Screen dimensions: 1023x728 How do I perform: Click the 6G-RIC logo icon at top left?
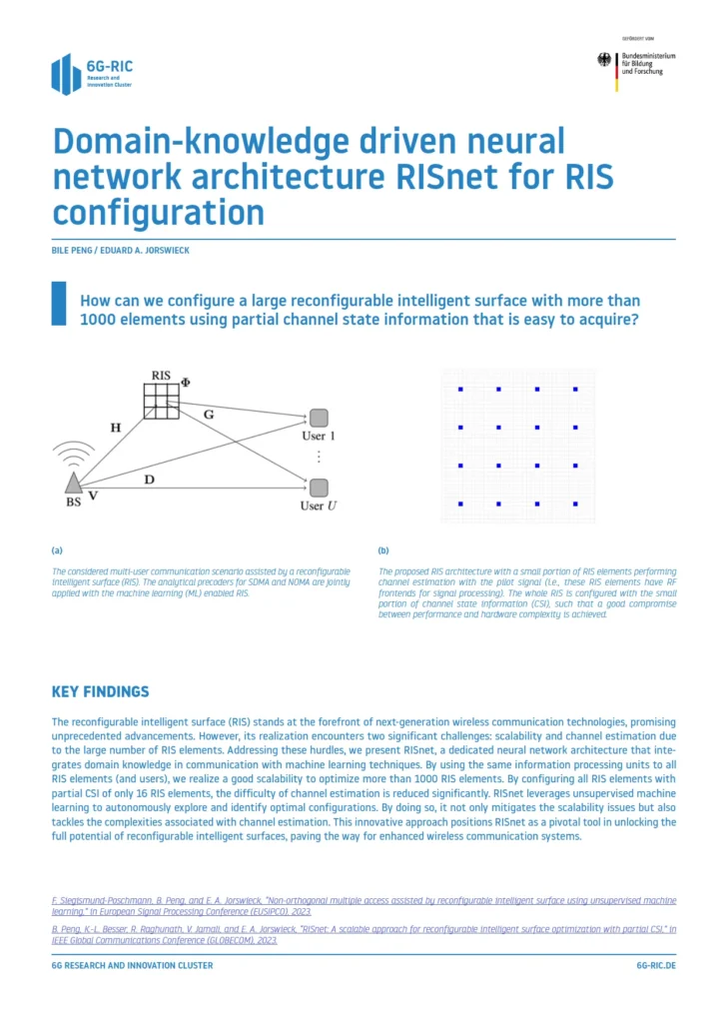click(66, 74)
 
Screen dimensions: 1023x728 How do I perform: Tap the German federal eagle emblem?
click(604, 60)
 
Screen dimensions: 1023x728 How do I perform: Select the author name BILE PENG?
click(74, 250)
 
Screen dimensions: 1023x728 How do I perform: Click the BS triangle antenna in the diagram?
click(73, 484)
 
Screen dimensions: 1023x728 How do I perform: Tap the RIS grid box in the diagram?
click(160, 400)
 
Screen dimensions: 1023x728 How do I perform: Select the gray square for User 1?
click(319, 418)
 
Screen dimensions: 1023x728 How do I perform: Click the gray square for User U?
click(319, 488)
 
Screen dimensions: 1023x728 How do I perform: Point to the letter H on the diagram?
click(116, 427)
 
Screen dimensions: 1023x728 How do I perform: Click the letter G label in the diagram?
click(208, 412)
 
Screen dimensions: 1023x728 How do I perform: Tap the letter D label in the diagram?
click(148, 481)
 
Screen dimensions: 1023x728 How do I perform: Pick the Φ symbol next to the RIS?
click(185, 382)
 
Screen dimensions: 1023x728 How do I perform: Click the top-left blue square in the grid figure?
click(460, 389)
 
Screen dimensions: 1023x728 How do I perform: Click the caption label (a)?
click(57, 550)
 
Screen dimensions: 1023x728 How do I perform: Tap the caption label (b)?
click(383, 550)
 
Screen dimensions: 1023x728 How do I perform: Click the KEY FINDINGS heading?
click(100, 691)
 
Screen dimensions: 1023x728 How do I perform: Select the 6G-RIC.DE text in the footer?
click(655, 966)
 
